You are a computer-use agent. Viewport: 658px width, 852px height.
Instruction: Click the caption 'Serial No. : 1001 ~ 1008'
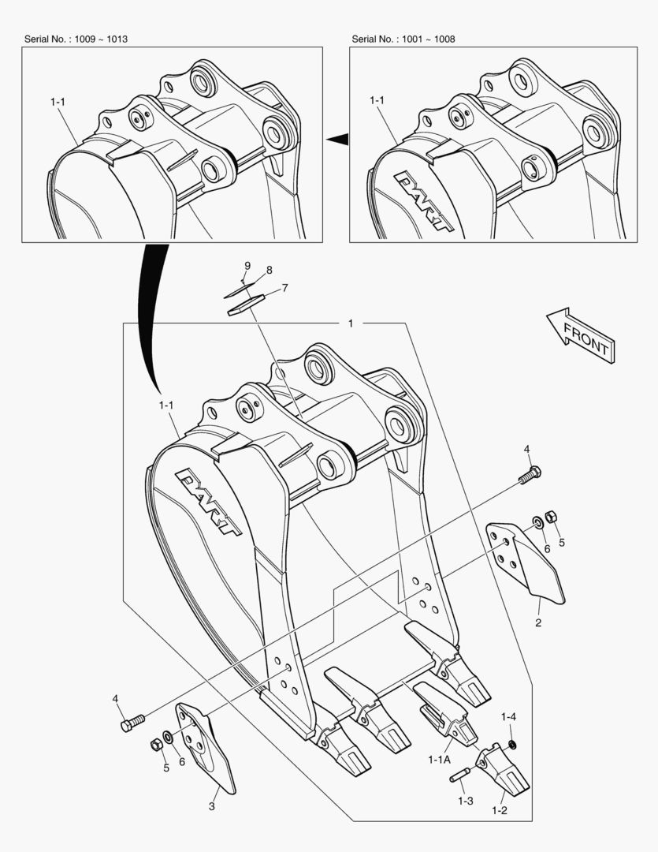pyautogui.click(x=403, y=39)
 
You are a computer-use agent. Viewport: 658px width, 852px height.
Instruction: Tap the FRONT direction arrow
pyautogui.click(x=582, y=335)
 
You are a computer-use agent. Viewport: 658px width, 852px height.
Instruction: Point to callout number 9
pyautogui.click(x=247, y=265)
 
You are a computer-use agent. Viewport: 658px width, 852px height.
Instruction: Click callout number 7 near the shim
pyautogui.click(x=284, y=288)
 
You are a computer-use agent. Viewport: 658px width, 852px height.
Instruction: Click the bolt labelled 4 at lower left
pyautogui.click(x=132, y=722)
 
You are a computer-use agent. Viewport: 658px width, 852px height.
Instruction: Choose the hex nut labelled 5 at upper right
pyautogui.click(x=552, y=517)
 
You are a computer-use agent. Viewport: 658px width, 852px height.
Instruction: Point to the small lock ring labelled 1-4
pyautogui.click(x=512, y=745)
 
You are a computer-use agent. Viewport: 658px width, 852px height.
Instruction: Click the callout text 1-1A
pyautogui.click(x=439, y=759)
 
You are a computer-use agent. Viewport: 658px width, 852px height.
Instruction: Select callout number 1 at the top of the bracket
pyautogui.click(x=351, y=323)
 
